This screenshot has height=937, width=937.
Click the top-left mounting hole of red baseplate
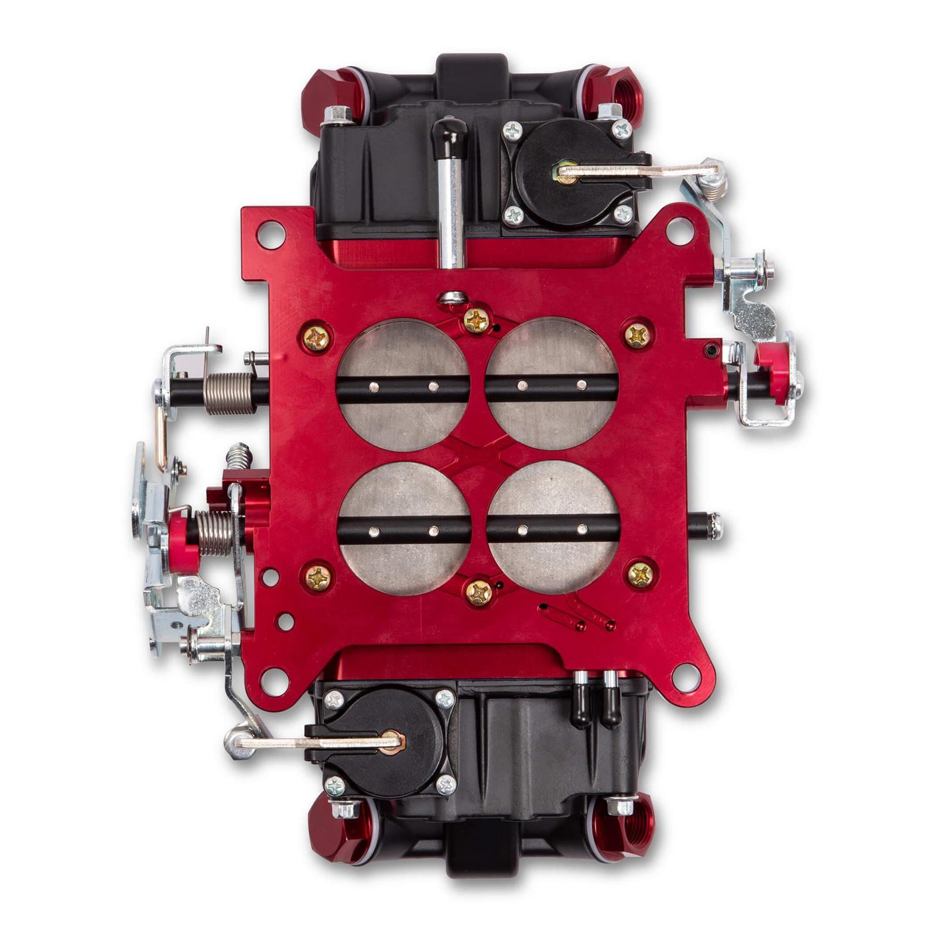pyautogui.click(x=271, y=234)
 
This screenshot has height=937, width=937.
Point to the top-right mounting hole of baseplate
pyautogui.click(x=679, y=231)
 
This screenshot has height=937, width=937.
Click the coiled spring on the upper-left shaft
pyautogui.click(x=230, y=394)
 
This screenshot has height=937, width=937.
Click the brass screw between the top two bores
pyautogui.click(x=477, y=320)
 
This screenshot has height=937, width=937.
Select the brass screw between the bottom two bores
pyautogui.click(x=479, y=593)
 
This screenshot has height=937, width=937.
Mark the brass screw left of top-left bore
pyautogui.click(x=317, y=338)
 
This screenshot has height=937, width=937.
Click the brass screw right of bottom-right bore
pyautogui.click(x=640, y=575)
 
